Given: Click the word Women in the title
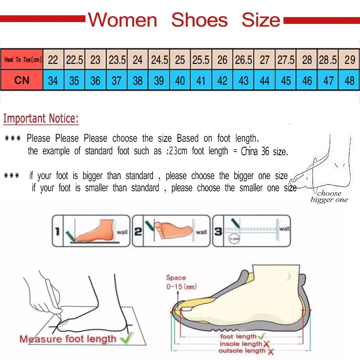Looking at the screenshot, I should click(x=122, y=20).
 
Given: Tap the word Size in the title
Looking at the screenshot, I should click(x=261, y=20).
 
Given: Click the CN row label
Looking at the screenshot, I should click(x=22, y=81).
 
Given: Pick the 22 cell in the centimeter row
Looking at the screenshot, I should click(x=53, y=60).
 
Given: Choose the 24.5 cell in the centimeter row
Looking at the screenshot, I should click(x=159, y=60).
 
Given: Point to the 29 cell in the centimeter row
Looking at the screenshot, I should click(x=349, y=60).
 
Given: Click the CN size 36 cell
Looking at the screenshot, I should click(x=95, y=81).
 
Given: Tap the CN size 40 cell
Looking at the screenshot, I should click(x=180, y=81).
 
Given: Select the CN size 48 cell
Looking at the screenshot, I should click(x=349, y=81).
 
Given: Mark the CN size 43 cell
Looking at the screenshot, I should click(x=243, y=81).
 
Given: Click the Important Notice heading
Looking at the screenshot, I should click(x=41, y=119).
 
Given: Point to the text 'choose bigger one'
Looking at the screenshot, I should click(x=329, y=197).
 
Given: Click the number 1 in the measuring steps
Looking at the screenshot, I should click(x=57, y=232).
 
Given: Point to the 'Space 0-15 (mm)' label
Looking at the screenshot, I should click(x=181, y=282).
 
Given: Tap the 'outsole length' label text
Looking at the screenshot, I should click(x=242, y=351).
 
